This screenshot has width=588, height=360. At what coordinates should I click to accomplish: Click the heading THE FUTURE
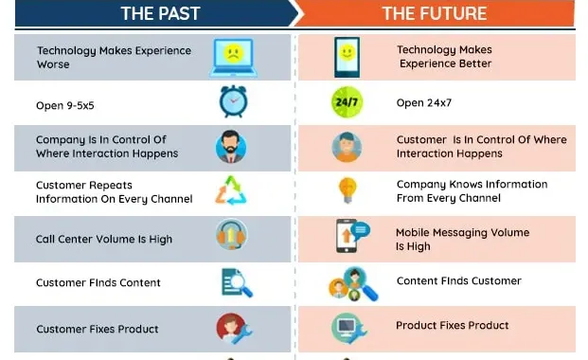click(435, 13)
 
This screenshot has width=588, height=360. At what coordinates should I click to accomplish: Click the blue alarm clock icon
click(232, 100)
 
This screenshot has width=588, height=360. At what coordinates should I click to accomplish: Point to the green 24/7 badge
click(346, 101)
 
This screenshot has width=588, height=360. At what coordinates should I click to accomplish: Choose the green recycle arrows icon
click(231, 190)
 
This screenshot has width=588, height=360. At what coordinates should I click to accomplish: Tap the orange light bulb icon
click(347, 189)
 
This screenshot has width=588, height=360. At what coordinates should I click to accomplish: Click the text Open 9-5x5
click(68, 102)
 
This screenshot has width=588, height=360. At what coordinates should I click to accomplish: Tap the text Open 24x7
click(423, 102)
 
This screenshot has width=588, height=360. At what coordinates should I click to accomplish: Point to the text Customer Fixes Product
click(98, 330)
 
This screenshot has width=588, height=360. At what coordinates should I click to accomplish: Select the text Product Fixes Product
click(453, 326)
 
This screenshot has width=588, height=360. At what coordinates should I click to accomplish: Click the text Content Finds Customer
click(459, 281)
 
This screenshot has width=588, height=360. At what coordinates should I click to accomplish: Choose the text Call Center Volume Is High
click(104, 240)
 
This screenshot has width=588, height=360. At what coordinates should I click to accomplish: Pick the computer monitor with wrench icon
click(347, 328)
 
